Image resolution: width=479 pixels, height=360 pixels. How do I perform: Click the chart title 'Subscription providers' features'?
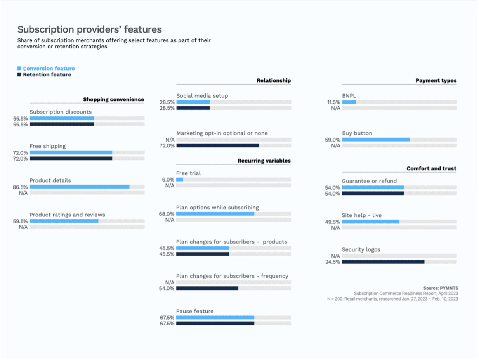click(x=90, y=30)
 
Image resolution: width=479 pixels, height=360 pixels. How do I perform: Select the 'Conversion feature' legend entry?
click(x=49, y=68)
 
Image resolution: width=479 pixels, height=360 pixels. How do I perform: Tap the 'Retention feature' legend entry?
click(x=47, y=74)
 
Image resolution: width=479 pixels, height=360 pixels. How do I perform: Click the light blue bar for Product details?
click(x=79, y=187)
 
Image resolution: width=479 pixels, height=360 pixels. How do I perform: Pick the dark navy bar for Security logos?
click(x=383, y=262)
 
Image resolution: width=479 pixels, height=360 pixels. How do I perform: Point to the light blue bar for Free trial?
click(x=179, y=180)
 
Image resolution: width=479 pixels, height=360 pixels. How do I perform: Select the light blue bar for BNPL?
click(x=349, y=102)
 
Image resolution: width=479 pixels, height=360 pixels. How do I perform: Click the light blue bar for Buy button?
click(x=375, y=140)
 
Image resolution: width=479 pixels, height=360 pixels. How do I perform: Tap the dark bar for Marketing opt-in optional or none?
click(x=217, y=145)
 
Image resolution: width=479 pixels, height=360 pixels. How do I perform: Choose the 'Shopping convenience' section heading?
click(x=113, y=100)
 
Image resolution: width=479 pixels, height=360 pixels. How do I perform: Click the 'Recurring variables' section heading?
click(x=264, y=161)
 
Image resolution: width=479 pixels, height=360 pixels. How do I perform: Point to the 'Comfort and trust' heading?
click(x=431, y=168)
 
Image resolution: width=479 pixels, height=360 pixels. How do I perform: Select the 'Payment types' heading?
click(x=436, y=81)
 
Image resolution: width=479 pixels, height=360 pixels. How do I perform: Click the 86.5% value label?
click(x=20, y=187)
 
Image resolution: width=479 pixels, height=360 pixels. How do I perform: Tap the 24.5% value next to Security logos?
click(x=333, y=262)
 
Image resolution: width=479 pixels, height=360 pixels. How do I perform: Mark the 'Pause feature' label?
click(x=194, y=311)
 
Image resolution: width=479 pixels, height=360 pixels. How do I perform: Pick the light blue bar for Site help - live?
click(x=370, y=222)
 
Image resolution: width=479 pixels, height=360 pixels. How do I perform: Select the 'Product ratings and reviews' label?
click(x=67, y=215)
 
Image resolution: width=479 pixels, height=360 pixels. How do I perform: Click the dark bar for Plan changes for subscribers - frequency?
click(x=207, y=288)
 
